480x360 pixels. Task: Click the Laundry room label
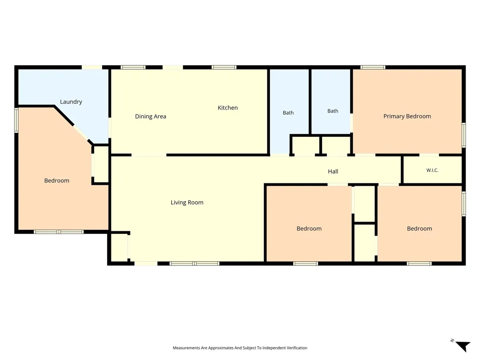click(71, 102)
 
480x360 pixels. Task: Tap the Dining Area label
click(151, 117)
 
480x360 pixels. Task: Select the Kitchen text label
click(228, 108)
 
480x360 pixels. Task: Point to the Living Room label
click(187, 203)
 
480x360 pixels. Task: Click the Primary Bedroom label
click(407, 116)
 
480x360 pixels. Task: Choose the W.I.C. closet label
click(432, 170)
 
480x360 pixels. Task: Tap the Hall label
click(333, 171)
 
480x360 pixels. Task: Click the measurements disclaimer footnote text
click(240, 348)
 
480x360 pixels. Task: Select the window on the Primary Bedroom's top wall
click(373, 67)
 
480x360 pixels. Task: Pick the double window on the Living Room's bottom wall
click(194, 264)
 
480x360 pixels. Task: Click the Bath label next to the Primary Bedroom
click(333, 111)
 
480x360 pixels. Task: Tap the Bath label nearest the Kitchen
click(288, 113)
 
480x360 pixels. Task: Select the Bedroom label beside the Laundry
click(57, 181)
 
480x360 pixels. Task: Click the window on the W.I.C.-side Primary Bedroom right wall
click(464, 135)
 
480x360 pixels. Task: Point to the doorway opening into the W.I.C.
click(429, 155)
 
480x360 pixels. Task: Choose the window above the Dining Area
click(133, 67)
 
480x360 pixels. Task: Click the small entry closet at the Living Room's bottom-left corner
click(119, 247)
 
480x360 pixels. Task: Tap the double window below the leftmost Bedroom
click(59, 232)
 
